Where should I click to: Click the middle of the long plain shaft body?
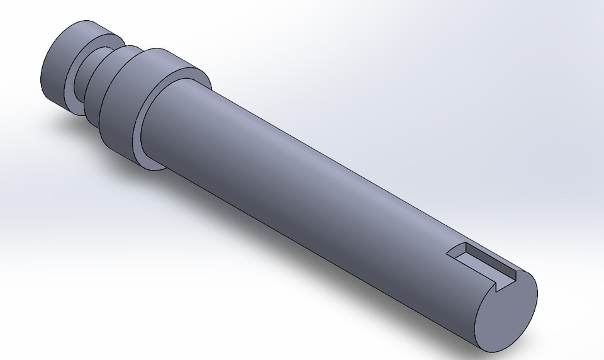click(x=315, y=189)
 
